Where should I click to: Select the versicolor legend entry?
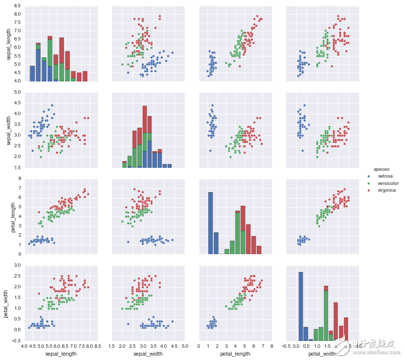pyautogui.click(x=386, y=183)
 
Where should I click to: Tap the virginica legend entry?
pyautogui.click(x=384, y=190)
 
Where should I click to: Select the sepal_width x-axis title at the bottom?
pyautogui.click(x=148, y=353)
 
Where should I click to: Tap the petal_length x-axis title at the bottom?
pyautogui.click(x=234, y=353)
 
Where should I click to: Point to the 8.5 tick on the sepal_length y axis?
pyautogui.click(x=17, y=5)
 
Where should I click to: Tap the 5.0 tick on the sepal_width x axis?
pyautogui.click(x=184, y=346)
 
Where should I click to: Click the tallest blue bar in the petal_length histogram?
pyautogui.click(x=211, y=223)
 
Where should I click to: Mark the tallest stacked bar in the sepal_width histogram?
pyautogui.click(x=145, y=137)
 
